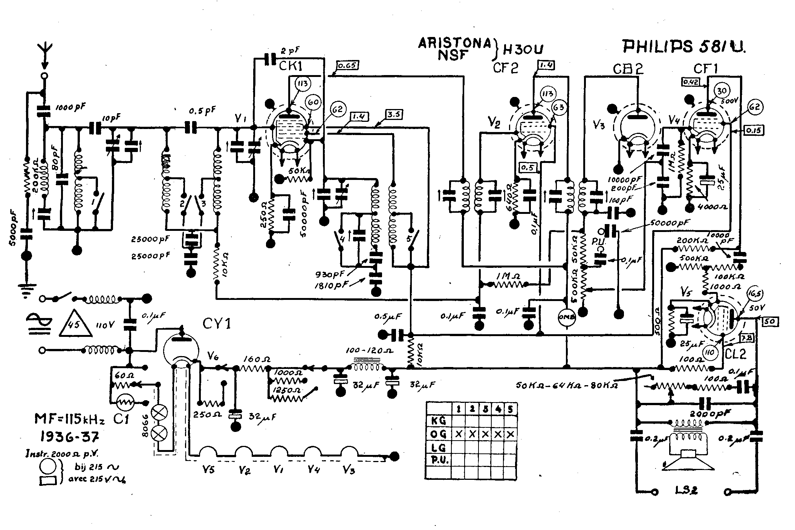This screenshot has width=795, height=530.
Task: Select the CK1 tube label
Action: [291, 67]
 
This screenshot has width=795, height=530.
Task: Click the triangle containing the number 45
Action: [75, 324]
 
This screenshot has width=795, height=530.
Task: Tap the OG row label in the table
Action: [438, 434]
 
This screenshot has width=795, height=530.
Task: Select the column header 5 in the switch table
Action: [510, 409]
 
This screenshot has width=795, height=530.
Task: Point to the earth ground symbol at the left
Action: [26, 290]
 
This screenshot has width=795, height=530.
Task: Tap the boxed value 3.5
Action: [394, 114]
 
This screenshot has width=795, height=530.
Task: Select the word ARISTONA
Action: [454, 43]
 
